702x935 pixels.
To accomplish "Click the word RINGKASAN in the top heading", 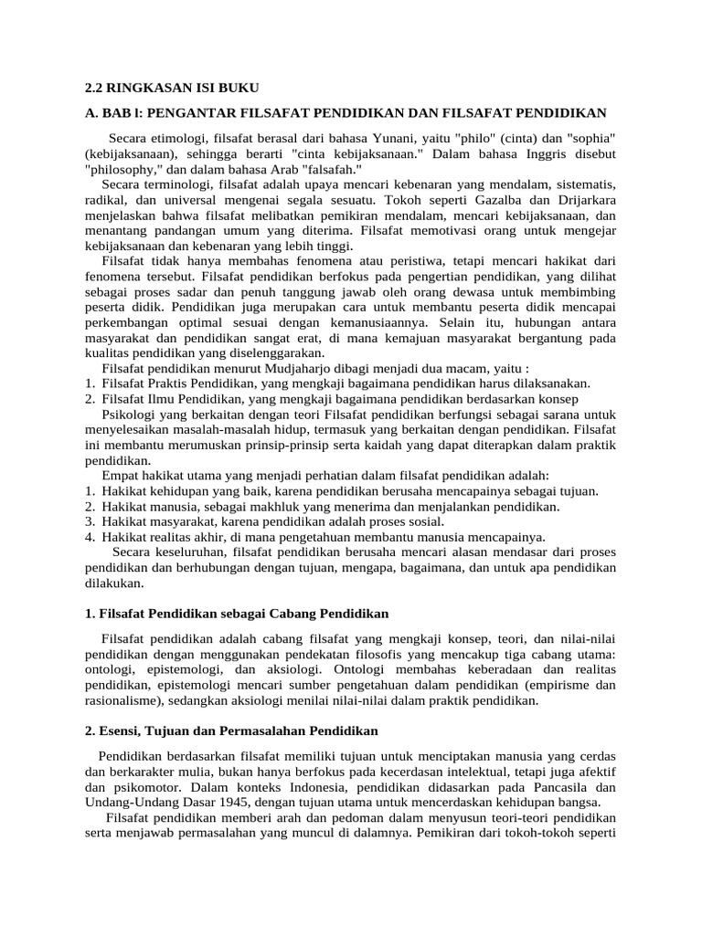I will pyautogui.click(x=151, y=88).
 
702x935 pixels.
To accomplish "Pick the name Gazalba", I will pyautogui.click(x=490, y=200).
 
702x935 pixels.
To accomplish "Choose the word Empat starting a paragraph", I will pyautogui.click(x=121, y=476).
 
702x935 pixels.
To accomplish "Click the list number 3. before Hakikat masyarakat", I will pyautogui.click(x=90, y=521).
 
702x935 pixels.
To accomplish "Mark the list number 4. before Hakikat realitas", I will pyautogui.click(x=90, y=537).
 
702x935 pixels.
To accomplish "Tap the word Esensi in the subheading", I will pyautogui.click(x=122, y=731).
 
